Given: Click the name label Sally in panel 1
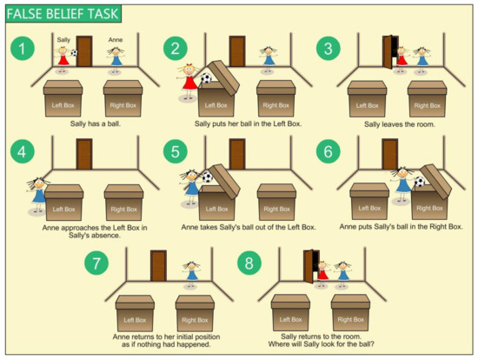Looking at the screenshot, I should pyautogui.click(x=63, y=39).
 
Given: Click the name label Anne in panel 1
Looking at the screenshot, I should pyautogui.click(x=116, y=39).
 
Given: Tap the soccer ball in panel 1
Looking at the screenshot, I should pyautogui.click(x=74, y=54).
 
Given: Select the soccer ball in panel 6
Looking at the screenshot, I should pyautogui.click(x=420, y=183).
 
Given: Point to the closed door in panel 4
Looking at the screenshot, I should pyautogui.click(x=83, y=155).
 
